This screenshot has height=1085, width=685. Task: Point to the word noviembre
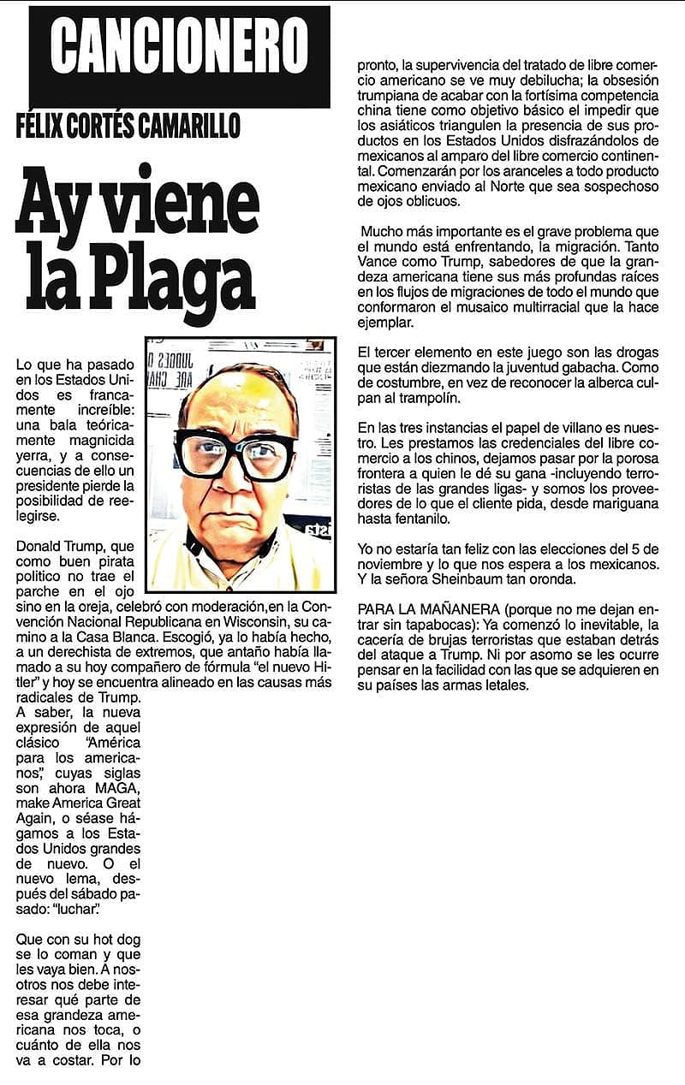(388, 563)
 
